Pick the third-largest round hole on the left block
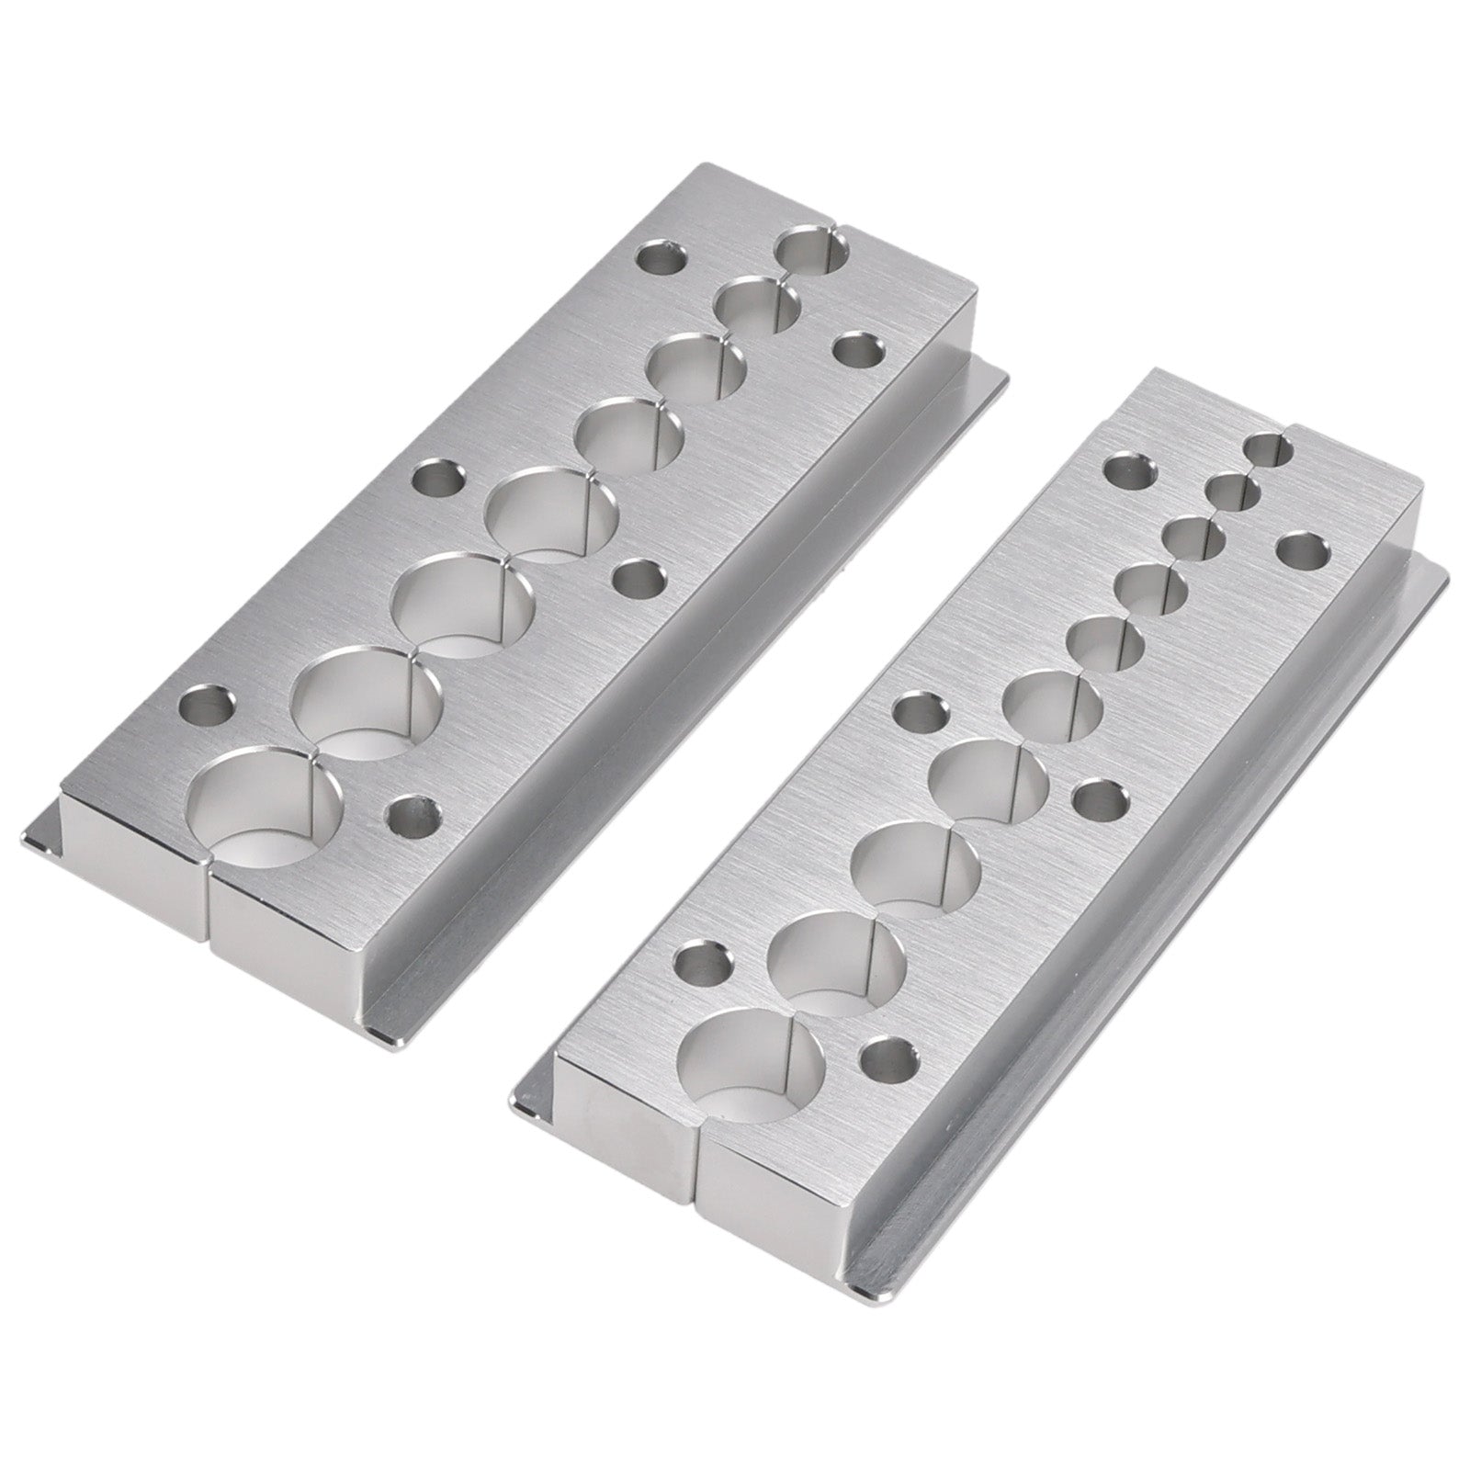pos(466,607)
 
